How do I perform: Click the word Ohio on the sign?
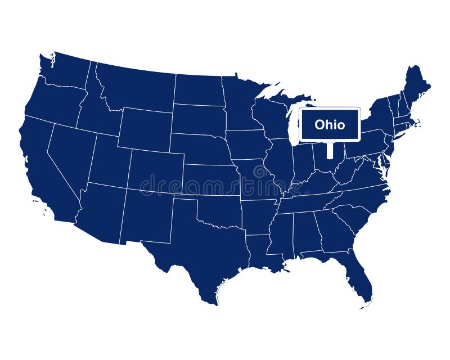point(330,124)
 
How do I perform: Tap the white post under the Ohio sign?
point(330,150)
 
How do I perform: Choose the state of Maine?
point(417,84)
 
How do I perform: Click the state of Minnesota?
point(239,101)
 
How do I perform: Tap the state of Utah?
point(110,160)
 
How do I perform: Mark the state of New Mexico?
point(146,217)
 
